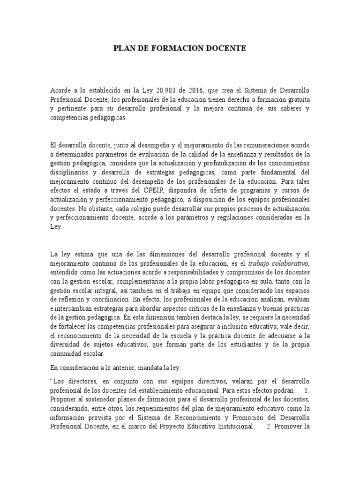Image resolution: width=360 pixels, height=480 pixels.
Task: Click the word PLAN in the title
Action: [124, 48]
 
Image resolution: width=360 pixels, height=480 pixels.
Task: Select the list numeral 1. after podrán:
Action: [307, 390]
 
